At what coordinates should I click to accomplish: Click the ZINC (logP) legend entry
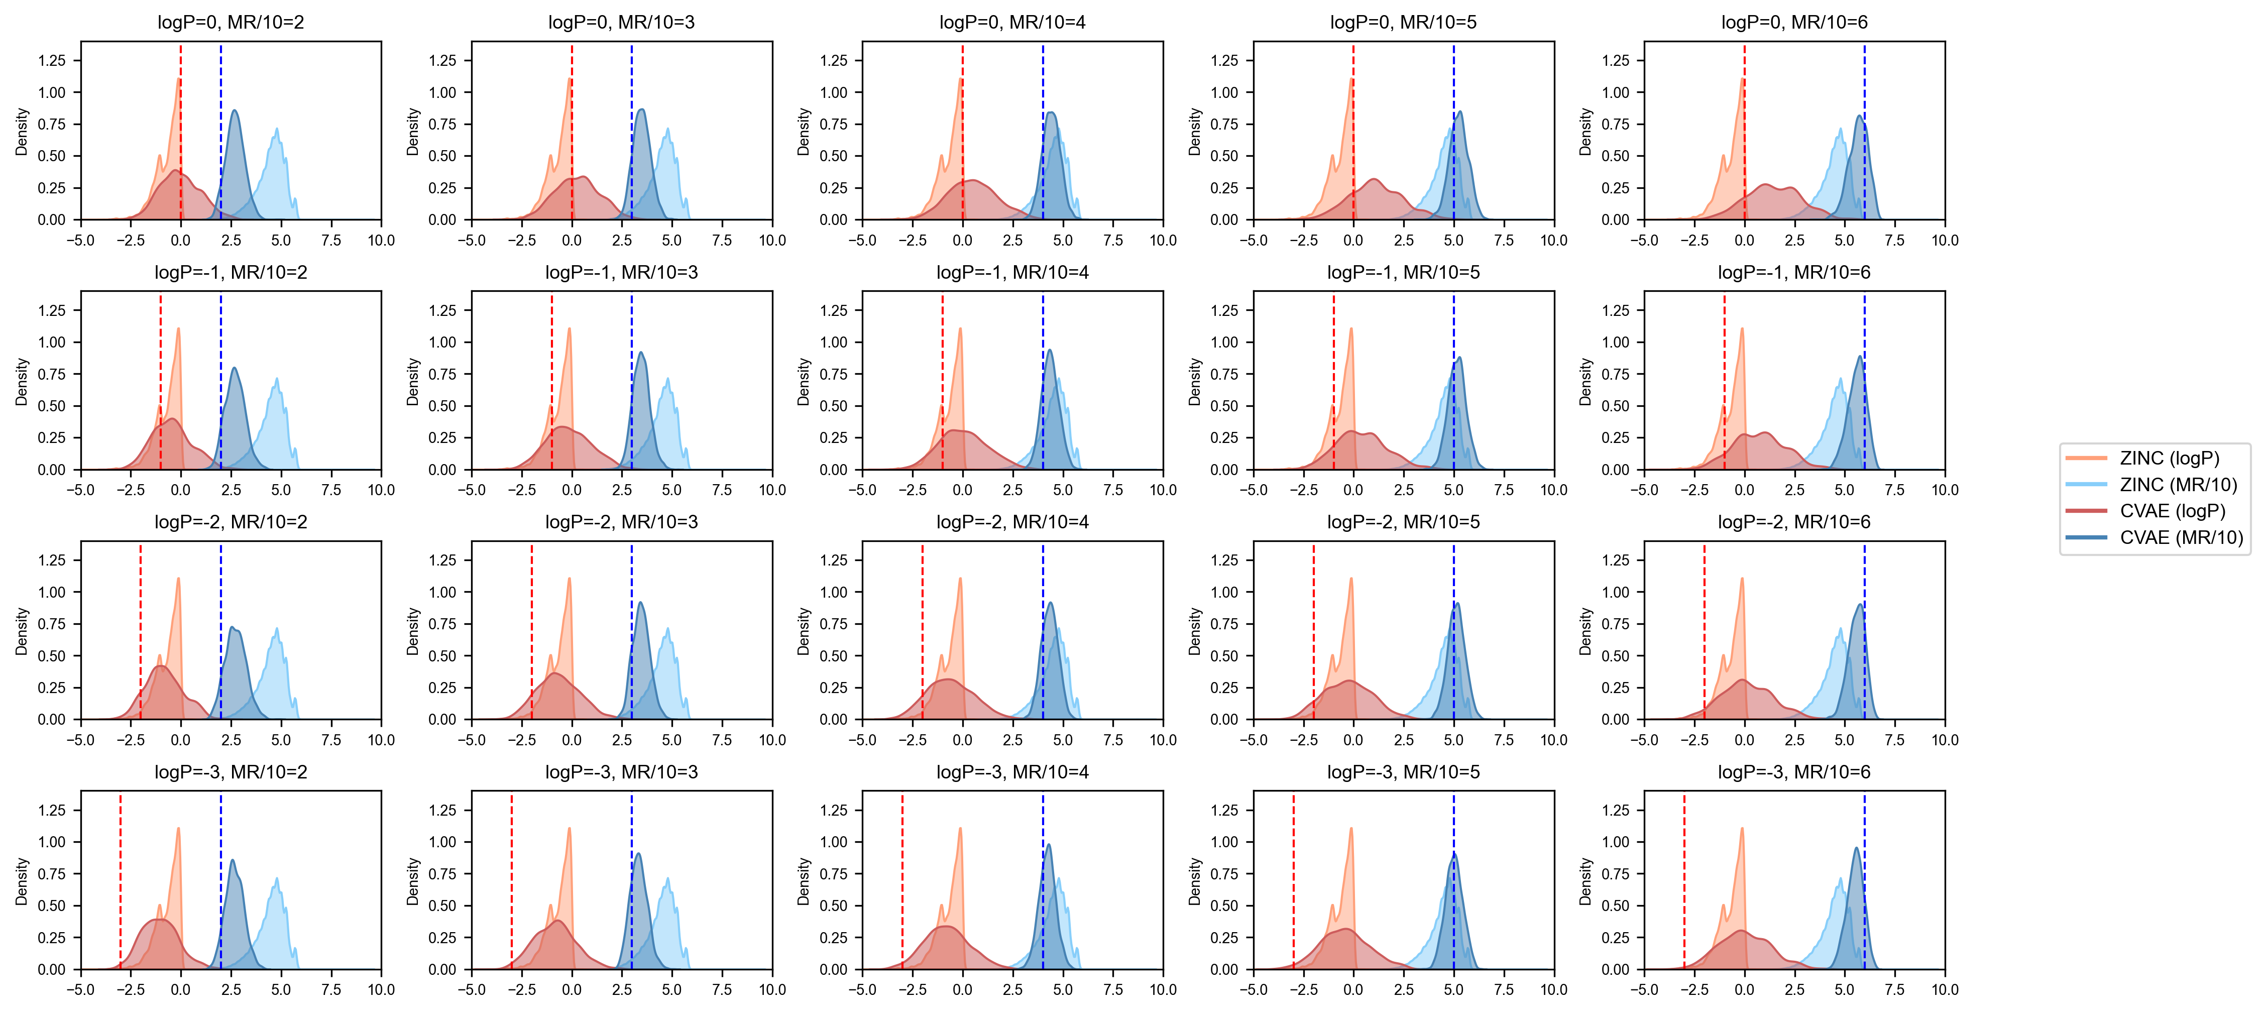click(x=2169, y=458)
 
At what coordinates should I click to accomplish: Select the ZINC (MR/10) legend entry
click(x=2177, y=485)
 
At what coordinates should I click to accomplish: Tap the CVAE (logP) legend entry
click(x=2171, y=511)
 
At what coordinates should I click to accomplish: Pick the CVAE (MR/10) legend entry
click(x=2180, y=537)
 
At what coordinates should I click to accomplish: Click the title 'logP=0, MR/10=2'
click(x=231, y=22)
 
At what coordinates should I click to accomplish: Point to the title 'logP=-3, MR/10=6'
click(x=1793, y=772)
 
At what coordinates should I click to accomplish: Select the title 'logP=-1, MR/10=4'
click(x=1012, y=273)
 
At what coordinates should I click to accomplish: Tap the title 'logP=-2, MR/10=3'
click(x=621, y=522)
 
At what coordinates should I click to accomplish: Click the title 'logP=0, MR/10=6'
click(x=1793, y=22)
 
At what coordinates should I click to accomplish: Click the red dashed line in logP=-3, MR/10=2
click(x=121, y=879)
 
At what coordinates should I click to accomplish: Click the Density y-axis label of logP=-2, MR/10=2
click(x=22, y=630)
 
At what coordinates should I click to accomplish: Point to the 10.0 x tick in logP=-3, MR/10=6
click(x=1944, y=990)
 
